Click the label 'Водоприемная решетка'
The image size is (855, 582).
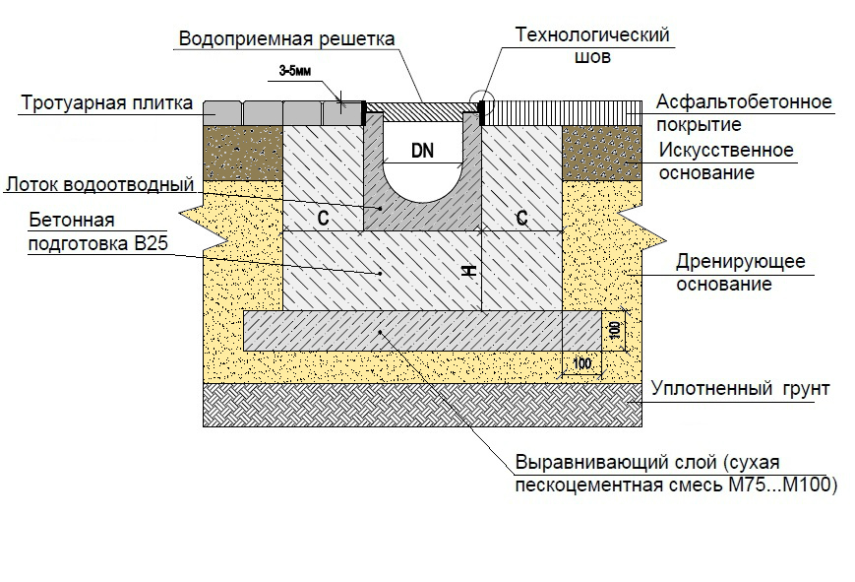(x=285, y=39)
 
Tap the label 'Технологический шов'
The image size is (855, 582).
(x=592, y=45)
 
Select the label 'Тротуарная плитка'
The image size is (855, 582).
(x=107, y=103)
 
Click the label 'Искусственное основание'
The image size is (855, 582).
(x=725, y=162)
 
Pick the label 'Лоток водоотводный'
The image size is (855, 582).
(x=97, y=183)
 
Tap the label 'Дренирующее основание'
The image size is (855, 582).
(x=740, y=273)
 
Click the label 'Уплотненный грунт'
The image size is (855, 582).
(x=740, y=389)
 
